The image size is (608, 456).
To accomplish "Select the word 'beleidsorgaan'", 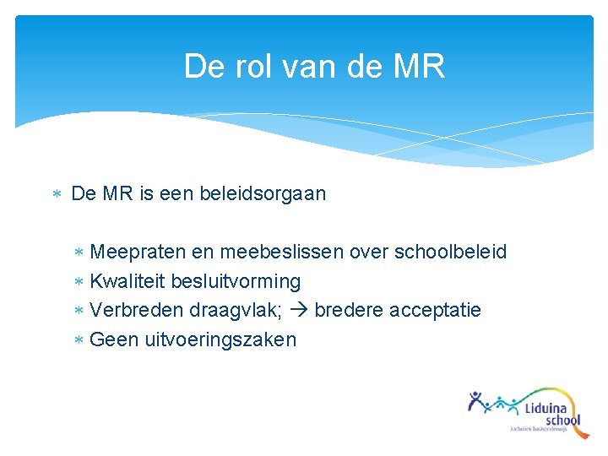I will (x=263, y=193).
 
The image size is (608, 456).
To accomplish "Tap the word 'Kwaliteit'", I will (x=128, y=281).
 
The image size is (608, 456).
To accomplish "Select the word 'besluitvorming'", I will (x=236, y=281).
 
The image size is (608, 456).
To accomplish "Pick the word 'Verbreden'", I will (x=131, y=310).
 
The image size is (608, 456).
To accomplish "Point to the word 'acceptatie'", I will (x=435, y=310).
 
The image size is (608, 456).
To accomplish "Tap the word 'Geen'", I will (x=114, y=339).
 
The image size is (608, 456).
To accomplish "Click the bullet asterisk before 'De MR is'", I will (x=57, y=194).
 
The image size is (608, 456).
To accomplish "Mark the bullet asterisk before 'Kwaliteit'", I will (x=79, y=281).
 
